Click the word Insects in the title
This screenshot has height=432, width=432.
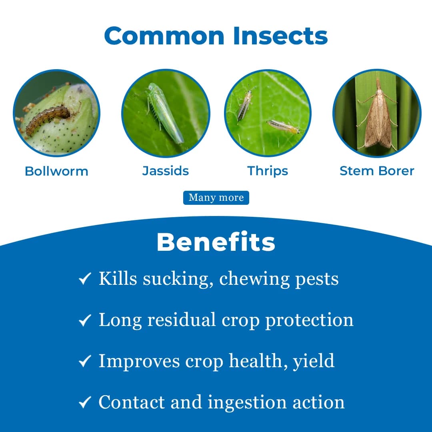click(x=280, y=36)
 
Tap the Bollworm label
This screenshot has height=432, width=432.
click(x=56, y=171)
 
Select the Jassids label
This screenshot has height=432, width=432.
click(x=166, y=171)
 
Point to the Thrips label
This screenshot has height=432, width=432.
click(x=268, y=171)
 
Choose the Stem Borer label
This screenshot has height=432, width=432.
click(x=377, y=171)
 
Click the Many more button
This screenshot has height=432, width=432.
click(x=216, y=198)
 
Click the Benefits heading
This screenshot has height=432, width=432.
click(x=216, y=242)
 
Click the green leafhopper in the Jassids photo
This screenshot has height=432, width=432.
click(x=164, y=112)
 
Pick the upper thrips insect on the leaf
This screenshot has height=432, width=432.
click(x=245, y=105)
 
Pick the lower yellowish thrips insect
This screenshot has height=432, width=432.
click(x=283, y=126)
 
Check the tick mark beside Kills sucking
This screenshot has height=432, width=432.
click(x=85, y=279)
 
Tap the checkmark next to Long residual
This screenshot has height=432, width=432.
click(x=85, y=320)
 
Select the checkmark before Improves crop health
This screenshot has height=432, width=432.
click(x=85, y=361)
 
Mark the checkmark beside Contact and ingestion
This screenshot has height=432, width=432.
click(x=85, y=402)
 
